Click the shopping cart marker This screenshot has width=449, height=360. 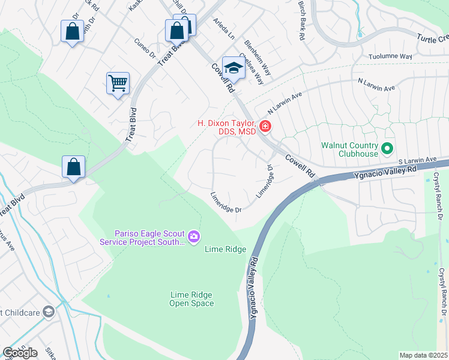(118, 83)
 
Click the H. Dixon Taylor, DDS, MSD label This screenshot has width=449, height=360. (227, 128)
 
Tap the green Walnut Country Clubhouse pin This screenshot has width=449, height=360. (387, 147)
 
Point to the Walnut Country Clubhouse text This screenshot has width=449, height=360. (349, 149)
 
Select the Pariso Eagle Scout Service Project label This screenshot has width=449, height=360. (143, 238)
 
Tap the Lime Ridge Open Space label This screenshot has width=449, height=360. (191, 299)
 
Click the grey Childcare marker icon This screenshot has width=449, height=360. (49, 311)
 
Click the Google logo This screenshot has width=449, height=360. (20, 352)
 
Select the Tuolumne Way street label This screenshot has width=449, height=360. (390, 56)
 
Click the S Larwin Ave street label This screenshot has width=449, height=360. (418, 160)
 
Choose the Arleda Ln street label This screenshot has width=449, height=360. (224, 28)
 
